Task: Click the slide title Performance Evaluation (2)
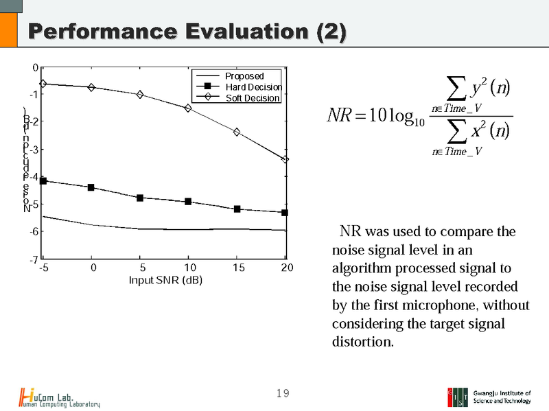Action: click(185, 32)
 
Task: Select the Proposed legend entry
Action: click(244, 76)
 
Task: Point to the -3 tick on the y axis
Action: click(33, 150)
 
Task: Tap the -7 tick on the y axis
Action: click(33, 260)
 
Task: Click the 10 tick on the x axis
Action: click(189, 268)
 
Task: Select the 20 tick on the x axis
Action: click(286, 268)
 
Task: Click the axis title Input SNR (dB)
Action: click(165, 281)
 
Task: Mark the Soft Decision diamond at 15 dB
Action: click(237, 132)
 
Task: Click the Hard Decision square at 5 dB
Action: click(140, 198)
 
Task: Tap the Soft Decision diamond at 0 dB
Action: click(91, 87)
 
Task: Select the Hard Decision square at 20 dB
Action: click(285, 213)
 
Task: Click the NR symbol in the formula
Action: click(340, 115)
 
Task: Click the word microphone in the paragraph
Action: click(429, 304)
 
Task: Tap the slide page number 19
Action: click(282, 393)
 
